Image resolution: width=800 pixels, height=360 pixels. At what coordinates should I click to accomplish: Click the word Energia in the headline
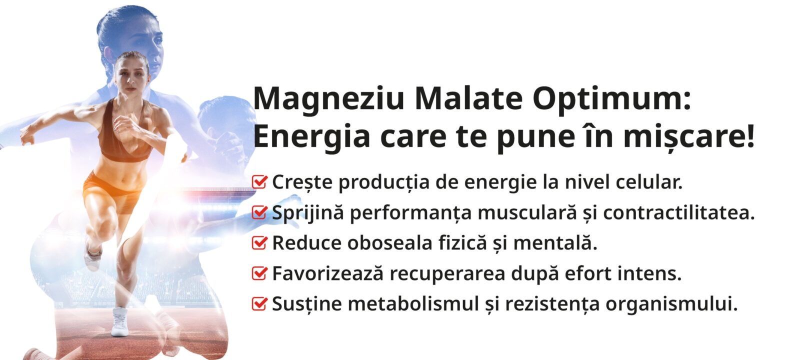pos(311,138)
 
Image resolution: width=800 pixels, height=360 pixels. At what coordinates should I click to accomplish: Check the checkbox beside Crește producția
pos(259,182)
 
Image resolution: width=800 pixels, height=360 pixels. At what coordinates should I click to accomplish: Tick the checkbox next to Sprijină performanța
pos(259,212)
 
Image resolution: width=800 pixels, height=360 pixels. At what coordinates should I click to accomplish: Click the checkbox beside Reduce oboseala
pos(259,243)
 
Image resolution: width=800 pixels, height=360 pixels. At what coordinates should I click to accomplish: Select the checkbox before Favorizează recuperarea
pos(259,273)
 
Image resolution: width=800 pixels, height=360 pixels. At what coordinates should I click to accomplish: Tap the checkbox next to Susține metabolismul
pos(259,304)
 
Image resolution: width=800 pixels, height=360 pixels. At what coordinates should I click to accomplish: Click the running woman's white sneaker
pos(119,322)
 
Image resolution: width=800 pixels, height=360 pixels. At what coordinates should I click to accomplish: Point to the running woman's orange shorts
pos(110,193)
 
